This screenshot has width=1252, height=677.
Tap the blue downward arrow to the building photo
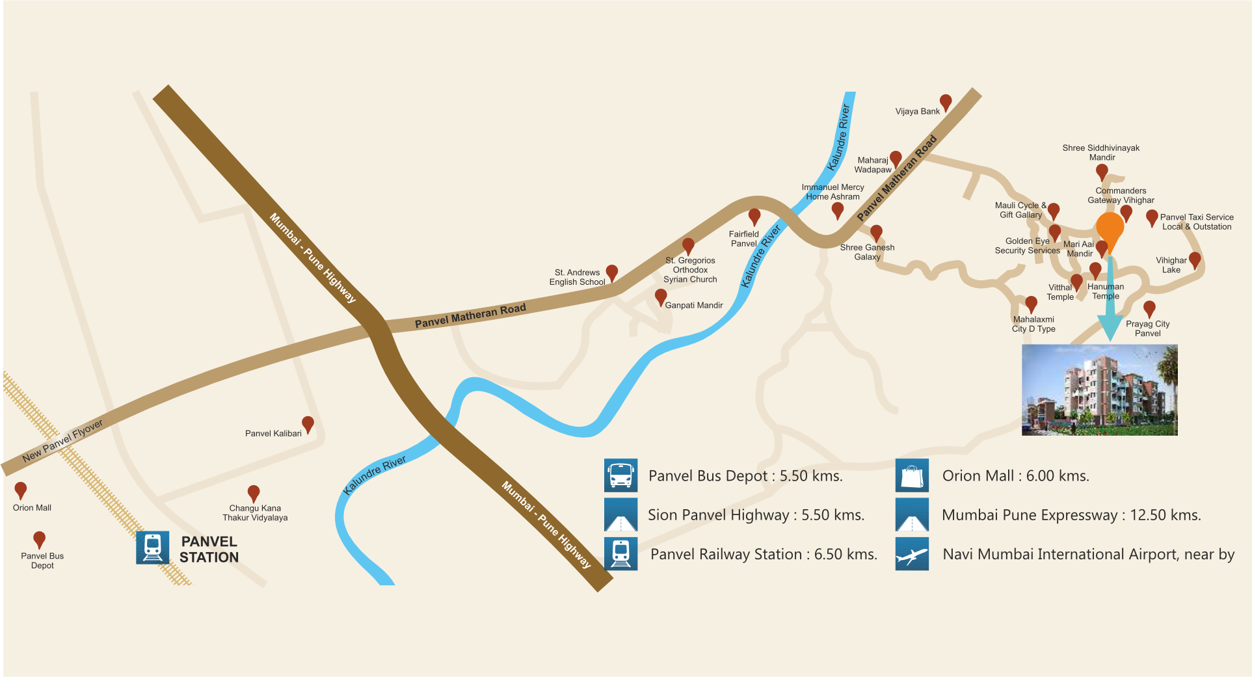[x=1110, y=306]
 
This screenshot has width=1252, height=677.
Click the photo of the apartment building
[x=1100, y=390]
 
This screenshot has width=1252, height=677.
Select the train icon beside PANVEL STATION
[x=153, y=548]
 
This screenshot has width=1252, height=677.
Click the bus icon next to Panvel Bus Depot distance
[x=620, y=475]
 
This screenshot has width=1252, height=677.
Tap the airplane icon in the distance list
[x=912, y=554]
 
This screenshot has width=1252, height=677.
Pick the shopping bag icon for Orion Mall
[x=912, y=475]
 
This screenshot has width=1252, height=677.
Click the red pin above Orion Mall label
[x=21, y=490]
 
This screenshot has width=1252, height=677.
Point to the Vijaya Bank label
[x=917, y=111]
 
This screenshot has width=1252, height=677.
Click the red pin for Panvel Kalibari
[x=308, y=425]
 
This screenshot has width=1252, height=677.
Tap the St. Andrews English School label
[x=577, y=277]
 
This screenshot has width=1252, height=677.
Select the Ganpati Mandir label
[x=694, y=305]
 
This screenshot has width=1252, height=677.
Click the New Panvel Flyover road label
[x=62, y=441]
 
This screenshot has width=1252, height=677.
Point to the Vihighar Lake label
[x=1171, y=265]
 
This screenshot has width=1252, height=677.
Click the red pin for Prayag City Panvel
[x=1149, y=308]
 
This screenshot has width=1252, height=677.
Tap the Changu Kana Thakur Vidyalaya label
[x=255, y=512]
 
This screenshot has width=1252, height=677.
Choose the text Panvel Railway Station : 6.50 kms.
[x=764, y=554]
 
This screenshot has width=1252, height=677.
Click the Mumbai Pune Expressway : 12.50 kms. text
[x=1071, y=515]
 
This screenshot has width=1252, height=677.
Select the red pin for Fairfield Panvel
[x=754, y=217]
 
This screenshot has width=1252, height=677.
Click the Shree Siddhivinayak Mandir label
[x=1101, y=152]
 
